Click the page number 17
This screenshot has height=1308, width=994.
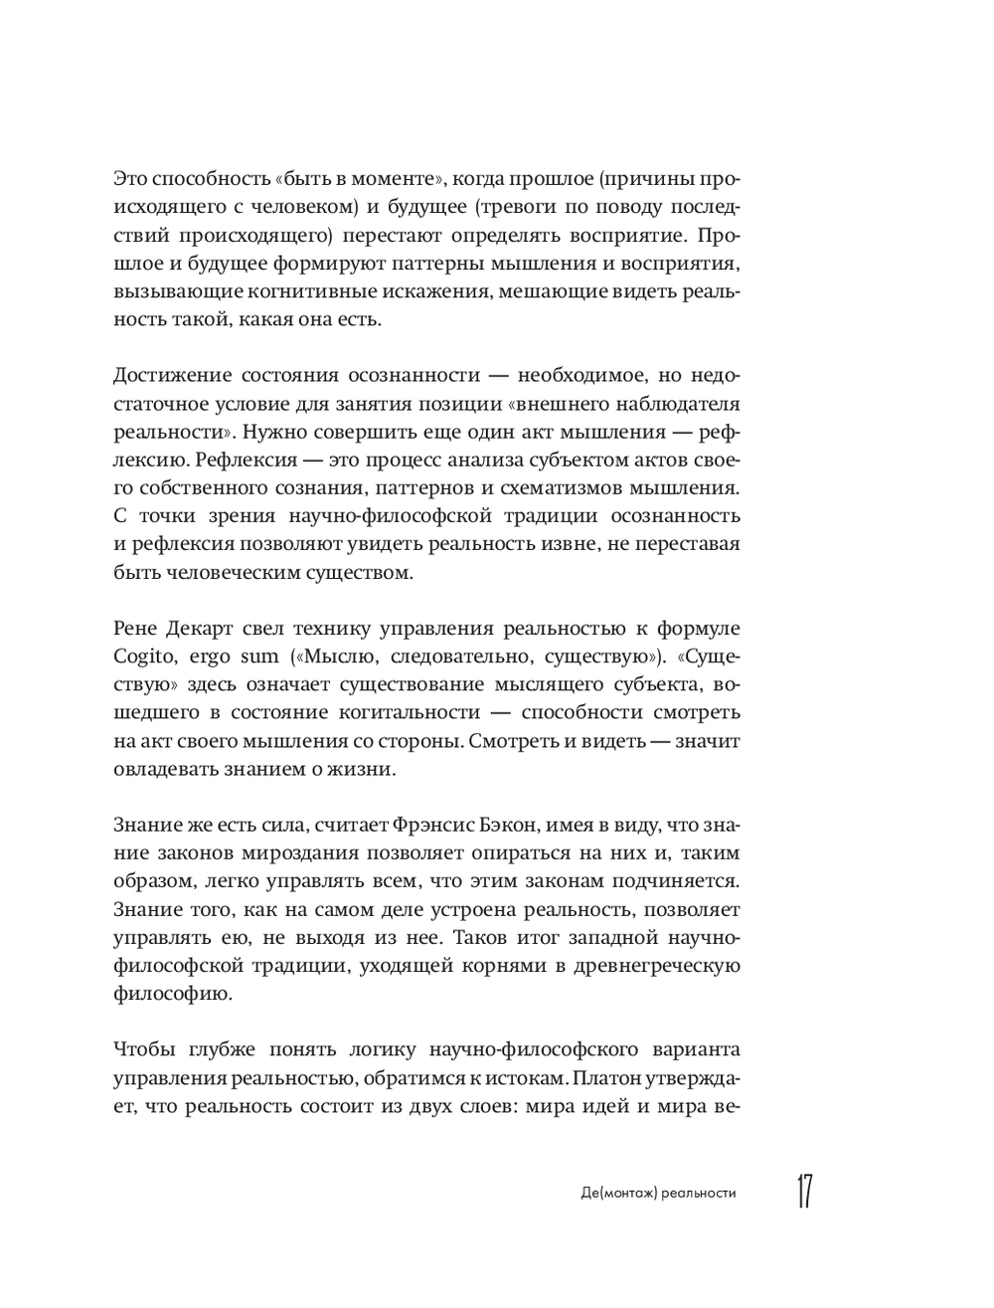point(803,1192)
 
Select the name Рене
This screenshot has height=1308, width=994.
point(139,630)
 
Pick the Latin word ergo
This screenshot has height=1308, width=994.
point(211,658)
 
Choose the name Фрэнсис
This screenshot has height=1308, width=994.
point(432,826)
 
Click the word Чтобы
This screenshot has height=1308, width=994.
point(144,1050)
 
